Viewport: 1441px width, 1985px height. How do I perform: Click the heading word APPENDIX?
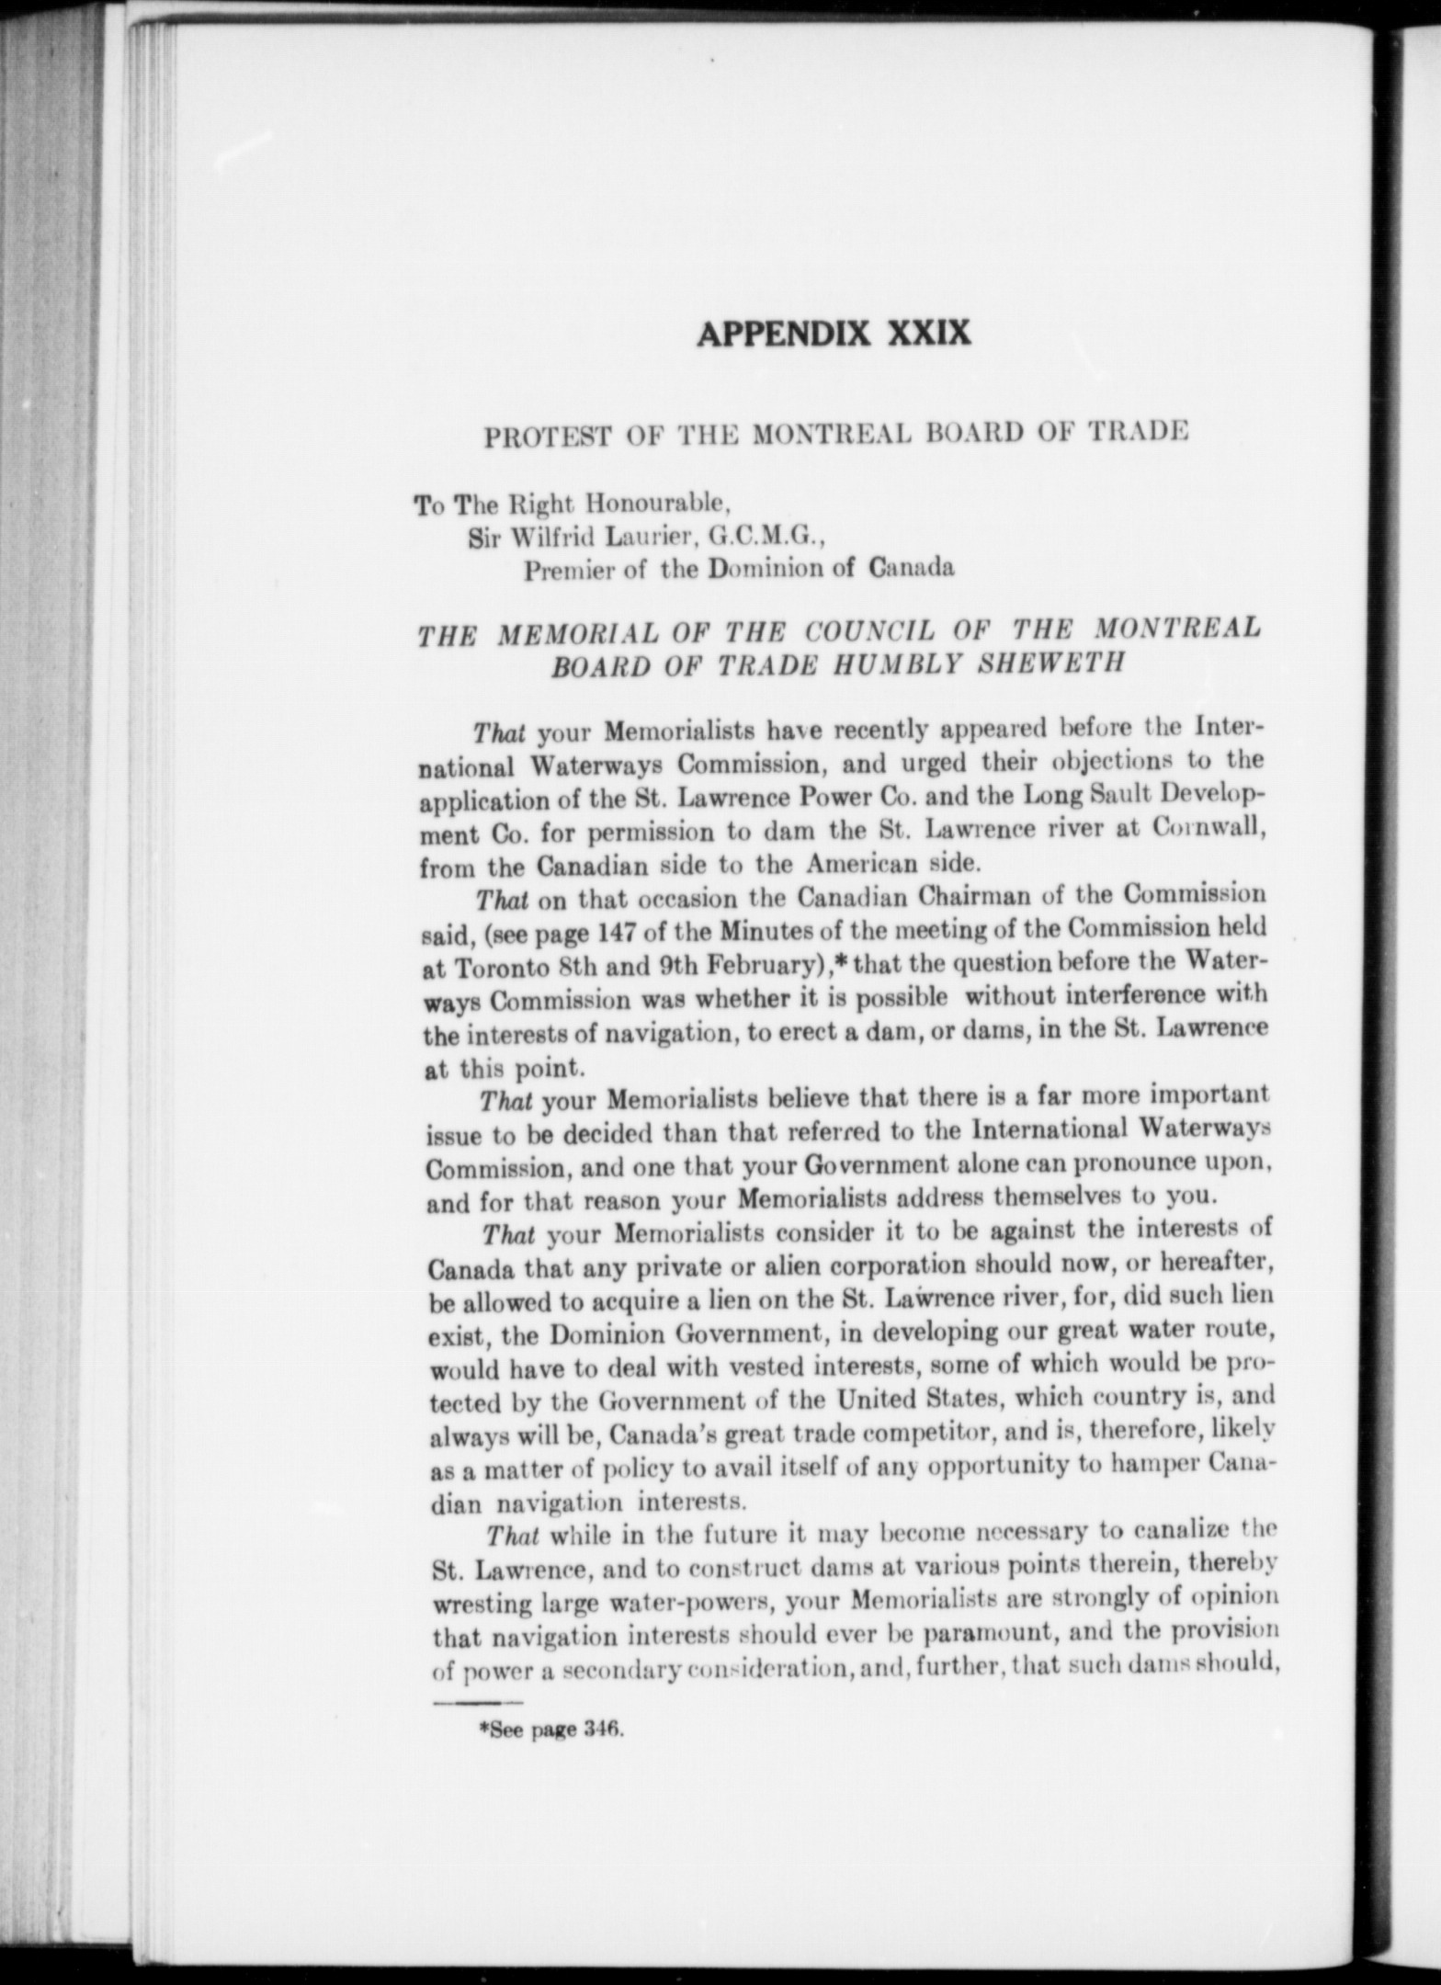[784, 333]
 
